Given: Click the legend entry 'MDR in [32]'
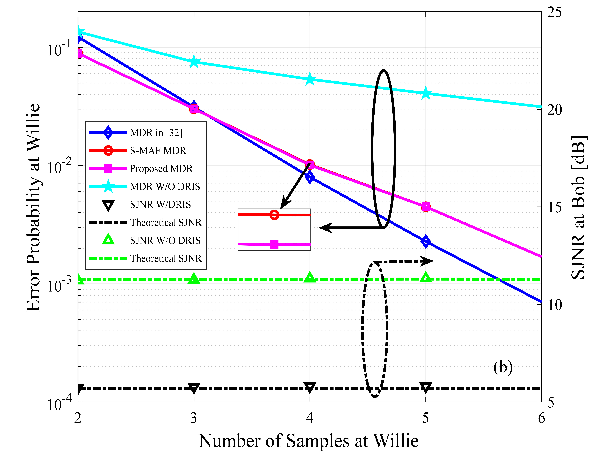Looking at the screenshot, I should [156, 133].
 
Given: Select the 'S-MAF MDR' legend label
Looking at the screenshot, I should [158, 151].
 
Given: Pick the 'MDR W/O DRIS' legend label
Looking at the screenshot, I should [165, 187].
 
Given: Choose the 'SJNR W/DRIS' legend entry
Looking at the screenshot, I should [160, 204].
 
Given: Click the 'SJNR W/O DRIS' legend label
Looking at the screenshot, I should [165, 240].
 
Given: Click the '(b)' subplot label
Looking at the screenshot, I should [503, 368].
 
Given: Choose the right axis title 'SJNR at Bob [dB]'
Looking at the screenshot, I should [579, 207].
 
